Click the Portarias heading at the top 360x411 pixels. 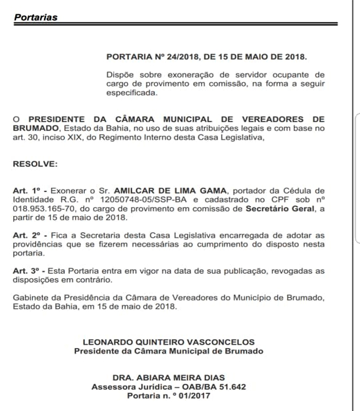tap(35, 17)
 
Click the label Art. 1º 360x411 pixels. tap(26, 191)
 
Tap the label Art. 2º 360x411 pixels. tap(26, 235)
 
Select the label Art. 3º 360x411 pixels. tap(26, 271)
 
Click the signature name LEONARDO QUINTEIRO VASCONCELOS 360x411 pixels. tap(169, 342)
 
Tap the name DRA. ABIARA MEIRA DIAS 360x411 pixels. tap(169, 378)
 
